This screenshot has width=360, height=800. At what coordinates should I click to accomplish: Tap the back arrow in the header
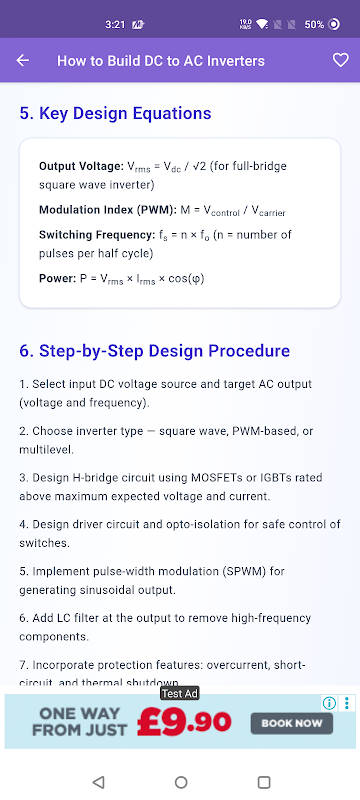click(x=23, y=61)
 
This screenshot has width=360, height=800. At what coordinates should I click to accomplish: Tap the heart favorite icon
click(x=341, y=60)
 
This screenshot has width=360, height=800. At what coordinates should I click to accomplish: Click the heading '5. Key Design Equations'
click(x=115, y=113)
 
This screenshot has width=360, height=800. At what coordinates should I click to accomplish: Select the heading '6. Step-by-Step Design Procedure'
click(x=155, y=351)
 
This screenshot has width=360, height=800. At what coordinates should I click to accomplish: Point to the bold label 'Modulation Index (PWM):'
click(x=108, y=210)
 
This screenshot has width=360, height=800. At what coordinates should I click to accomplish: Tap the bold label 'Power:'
click(x=58, y=279)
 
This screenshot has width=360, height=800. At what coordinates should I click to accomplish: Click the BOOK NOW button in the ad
click(x=292, y=723)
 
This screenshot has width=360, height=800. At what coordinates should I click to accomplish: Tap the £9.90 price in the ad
click(x=184, y=722)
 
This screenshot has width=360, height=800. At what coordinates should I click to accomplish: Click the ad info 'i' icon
click(x=329, y=704)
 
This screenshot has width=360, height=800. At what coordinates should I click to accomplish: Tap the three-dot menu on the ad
click(x=347, y=704)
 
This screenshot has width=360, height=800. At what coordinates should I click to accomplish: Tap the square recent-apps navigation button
click(x=264, y=782)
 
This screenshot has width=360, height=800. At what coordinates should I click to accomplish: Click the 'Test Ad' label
click(x=180, y=693)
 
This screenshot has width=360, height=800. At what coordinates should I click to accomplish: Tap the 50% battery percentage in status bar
click(x=314, y=24)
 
